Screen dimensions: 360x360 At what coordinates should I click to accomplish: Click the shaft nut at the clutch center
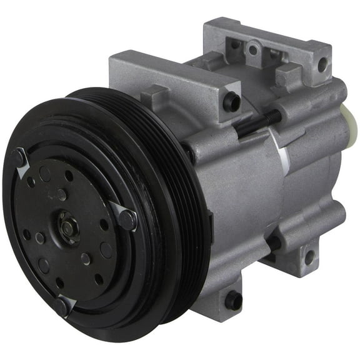[66, 227]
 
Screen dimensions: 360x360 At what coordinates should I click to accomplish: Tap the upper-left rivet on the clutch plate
[18, 157]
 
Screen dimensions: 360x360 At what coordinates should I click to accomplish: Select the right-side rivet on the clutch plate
[127, 219]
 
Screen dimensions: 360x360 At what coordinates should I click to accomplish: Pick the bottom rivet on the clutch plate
[62, 306]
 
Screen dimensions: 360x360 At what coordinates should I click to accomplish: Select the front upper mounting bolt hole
[231, 101]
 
